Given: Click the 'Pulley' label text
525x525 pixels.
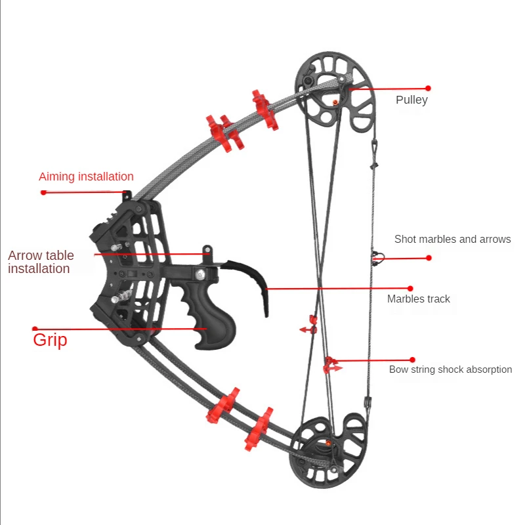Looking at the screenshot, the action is pyautogui.click(x=411, y=100).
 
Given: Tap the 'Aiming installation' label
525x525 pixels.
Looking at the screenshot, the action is pyautogui.click(x=86, y=177).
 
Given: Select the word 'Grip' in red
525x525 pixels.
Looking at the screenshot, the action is pyautogui.click(x=50, y=340).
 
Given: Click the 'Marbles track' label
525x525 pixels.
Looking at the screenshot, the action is pyautogui.click(x=419, y=299).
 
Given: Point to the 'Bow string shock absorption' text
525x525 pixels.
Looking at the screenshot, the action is pyautogui.click(x=450, y=369).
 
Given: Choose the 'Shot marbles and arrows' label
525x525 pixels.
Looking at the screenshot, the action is pyautogui.click(x=452, y=240).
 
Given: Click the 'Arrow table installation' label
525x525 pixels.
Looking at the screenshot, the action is pyautogui.click(x=41, y=262).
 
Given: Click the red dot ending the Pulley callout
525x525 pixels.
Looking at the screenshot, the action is pyautogui.click(x=428, y=88).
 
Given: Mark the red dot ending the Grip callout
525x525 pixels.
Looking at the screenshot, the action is pyautogui.click(x=35, y=329).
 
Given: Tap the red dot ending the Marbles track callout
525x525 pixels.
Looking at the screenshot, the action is pyautogui.click(x=410, y=288).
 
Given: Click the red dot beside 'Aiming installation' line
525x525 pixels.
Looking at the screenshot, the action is pyautogui.click(x=43, y=192).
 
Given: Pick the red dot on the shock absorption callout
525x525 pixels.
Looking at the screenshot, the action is pyautogui.click(x=413, y=360).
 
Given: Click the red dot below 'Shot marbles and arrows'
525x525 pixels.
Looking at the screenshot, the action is pyautogui.click(x=429, y=258).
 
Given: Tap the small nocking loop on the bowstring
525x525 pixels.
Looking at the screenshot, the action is pyautogui.click(x=376, y=256).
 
